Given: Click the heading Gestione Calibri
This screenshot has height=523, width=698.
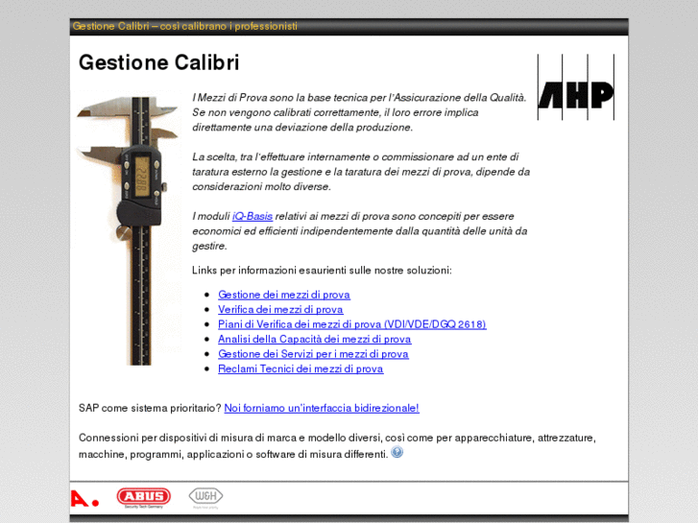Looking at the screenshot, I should (x=158, y=63).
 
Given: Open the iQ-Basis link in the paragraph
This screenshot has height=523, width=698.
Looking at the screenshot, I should (x=253, y=216).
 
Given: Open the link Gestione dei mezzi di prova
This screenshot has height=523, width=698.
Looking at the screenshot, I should (x=283, y=295).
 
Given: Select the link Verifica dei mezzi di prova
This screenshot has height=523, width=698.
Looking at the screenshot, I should (x=279, y=309).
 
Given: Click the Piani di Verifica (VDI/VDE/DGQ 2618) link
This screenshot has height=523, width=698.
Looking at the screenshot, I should (x=351, y=324).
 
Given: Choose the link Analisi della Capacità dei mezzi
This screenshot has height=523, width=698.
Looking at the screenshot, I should (x=314, y=339).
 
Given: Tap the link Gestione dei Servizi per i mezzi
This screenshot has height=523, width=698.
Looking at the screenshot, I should (x=312, y=354).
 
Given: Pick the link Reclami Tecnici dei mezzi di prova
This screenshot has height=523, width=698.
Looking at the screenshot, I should (x=300, y=368).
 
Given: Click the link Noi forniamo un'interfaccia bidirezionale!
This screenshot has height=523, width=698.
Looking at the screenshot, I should (x=322, y=408).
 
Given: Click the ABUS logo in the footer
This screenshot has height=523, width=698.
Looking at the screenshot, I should (x=143, y=496).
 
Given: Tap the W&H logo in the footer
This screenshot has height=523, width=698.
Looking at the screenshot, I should (x=205, y=496).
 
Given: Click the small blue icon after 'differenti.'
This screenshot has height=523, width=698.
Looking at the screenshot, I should (x=397, y=453).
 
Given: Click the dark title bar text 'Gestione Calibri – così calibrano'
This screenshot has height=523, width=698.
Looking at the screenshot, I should (x=184, y=26).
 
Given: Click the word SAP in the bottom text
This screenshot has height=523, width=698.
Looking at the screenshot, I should (x=89, y=408).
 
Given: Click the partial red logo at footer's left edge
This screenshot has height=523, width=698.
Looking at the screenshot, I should (x=83, y=498).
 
